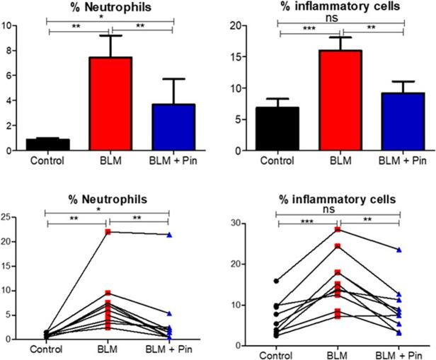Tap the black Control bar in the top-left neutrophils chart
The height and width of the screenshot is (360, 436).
pyautogui.click(x=47, y=144)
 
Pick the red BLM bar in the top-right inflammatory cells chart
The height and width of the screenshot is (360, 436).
pyautogui.click(x=342, y=100)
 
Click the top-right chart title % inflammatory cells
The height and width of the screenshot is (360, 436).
pyautogui.click(x=342, y=7)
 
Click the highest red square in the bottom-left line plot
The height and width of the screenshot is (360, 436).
pyautogui.click(x=108, y=232)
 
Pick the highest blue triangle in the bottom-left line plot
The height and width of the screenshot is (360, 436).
pyautogui.click(x=169, y=234)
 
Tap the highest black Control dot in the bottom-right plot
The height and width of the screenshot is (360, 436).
pyautogui.click(x=276, y=281)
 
